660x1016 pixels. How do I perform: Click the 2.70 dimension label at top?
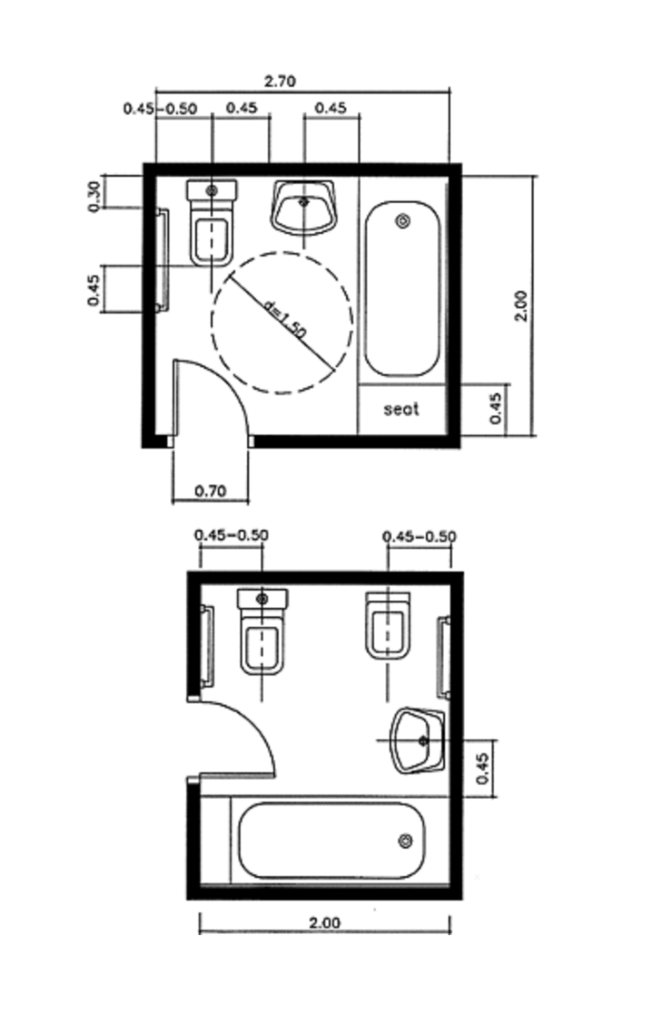(x=280, y=81)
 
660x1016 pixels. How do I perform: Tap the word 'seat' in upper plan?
(x=401, y=409)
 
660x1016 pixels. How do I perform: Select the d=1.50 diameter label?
(x=285, y=320)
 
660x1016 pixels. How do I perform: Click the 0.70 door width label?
(x=210, y=491)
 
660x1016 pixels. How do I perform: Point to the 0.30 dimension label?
(x=94, y=196)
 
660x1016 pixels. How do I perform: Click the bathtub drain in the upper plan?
(x=402, y=222)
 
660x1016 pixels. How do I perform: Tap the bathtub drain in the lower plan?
(x=405, y=841)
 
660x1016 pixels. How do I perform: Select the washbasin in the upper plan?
(x=303, y=207)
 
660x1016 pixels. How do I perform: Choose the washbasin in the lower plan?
(x=417, y=741)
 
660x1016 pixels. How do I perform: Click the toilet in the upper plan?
(x=212, y=223)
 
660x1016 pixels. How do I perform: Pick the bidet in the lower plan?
(x=387, y=625)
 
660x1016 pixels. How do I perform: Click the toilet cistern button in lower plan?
(x=262, y=599)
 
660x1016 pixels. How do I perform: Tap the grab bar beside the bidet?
(x=444, y=657)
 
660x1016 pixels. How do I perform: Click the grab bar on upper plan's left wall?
(x=163, y=260)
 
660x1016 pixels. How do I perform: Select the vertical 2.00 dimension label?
(x=521, y=305)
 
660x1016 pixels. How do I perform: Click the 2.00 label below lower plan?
(x=324, y=922)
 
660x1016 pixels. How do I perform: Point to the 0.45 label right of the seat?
(x=496, y=409)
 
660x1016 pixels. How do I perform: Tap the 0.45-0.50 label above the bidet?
(x=419, y=537)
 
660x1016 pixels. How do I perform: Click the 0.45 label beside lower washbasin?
(x=482, y=768)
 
